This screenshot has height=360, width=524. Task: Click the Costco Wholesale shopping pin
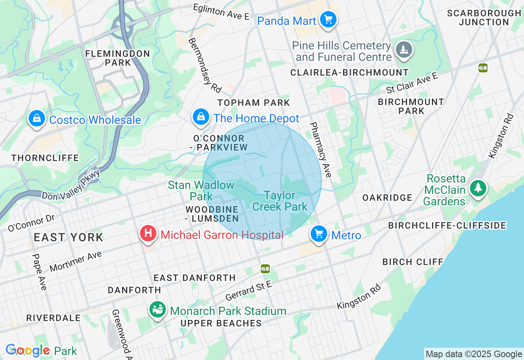tap(37, 119)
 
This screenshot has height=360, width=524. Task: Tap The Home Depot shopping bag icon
tap(201, 117)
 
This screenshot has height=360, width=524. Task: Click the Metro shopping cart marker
tap(319, 234)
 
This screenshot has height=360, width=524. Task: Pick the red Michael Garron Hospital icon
tap(148, 234)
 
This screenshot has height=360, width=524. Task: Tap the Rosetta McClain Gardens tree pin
tap(478, 188)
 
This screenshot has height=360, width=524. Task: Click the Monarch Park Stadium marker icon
tap(157, 310)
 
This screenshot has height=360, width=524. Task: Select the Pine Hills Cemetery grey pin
tap(404, 50)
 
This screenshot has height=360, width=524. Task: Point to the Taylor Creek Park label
tap(280, 201)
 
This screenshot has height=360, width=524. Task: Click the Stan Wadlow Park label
tap(201, 191)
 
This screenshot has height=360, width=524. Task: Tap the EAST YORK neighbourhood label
tap(68, 237)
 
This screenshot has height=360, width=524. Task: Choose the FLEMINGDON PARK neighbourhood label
tap(117, 58)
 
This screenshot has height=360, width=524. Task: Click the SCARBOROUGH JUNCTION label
tap(484, 18)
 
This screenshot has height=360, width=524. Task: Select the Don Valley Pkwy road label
tap(71, 185)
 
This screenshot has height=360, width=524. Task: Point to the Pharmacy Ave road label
tap(320, 150)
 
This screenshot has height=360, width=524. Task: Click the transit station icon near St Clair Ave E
tap(483, 68)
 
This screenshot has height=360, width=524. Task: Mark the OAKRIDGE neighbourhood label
tap(387, 198)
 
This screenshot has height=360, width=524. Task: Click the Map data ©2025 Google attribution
tap(473, 354)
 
